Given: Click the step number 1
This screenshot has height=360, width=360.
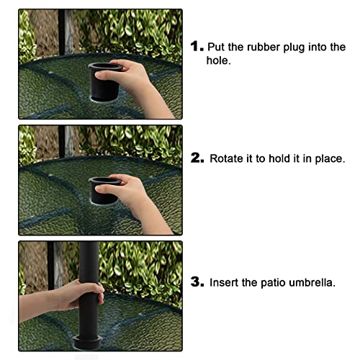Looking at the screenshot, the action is pyautogui.click(x=197, y=46).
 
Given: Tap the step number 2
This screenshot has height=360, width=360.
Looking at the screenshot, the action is pyautogui.click(x=197, y=158).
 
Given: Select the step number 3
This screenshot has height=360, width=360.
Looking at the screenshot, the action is pyautogui.click(x=197, y=282).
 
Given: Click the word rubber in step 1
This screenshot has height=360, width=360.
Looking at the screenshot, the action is pyautogui.click(x=264, y=47).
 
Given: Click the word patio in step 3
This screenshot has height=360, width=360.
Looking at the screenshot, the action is pyautogui.click(x=273, y=283).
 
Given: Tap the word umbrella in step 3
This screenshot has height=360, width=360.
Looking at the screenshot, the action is pyautogui.click(x=312, y=282).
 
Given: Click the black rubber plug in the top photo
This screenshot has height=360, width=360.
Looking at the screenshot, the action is pyautogui.click(x=104, y=81).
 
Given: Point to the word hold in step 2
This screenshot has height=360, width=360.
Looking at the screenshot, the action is pyautogui.click(x=279, y=158).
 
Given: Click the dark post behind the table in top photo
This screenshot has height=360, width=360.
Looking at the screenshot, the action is pyautogui.click(x=61, y=32).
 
